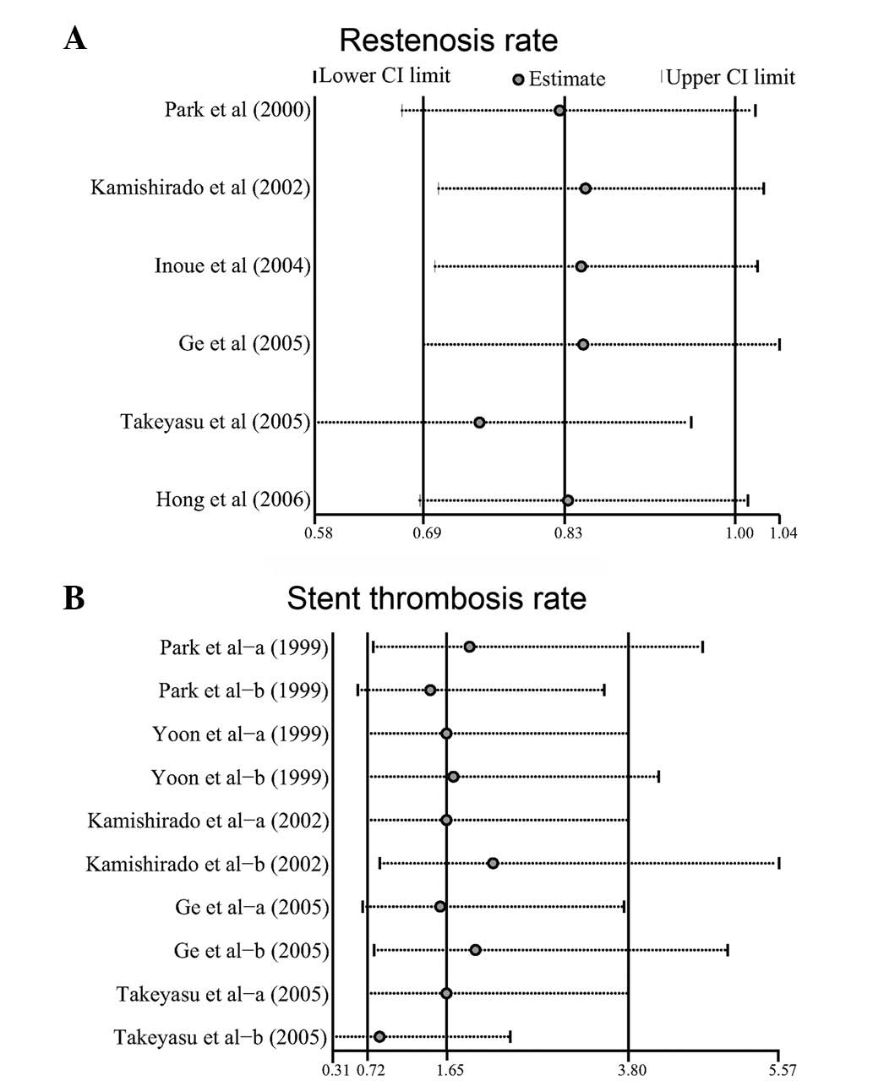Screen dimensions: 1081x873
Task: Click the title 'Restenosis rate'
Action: (x=448, y=40)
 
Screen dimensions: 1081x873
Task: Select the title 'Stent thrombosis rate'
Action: (x=436, y=598)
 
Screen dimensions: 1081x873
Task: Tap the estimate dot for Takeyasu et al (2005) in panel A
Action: (x=479, y=423)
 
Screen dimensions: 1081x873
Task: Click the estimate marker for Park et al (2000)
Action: (x=559, y=111)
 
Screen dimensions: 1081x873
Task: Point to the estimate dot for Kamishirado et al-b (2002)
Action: (x=493, y=863)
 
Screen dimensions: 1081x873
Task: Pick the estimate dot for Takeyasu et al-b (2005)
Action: (x=379, y=1037)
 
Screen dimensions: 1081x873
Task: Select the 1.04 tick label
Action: (x=783, y=533)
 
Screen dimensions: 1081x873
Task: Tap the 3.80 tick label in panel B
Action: (x=632, y=1071)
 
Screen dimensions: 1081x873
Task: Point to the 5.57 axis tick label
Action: (x=778, y=1071)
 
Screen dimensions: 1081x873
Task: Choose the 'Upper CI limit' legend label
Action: (x=731, y=78)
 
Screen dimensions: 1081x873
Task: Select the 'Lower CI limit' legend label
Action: (x=385, y=76)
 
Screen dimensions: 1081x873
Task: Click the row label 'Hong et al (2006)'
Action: (x=233, y=500)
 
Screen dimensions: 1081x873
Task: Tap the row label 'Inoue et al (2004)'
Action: (x=232, y=266)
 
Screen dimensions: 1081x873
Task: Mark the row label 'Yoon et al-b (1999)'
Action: (x=240, y=777)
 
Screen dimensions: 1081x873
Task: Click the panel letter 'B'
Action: (x=74, y=598)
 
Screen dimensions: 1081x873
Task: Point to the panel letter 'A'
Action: (x=74, y=39)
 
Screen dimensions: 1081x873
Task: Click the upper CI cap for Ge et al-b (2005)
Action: (x=728, y=950)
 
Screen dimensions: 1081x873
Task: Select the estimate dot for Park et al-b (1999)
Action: (x=430, y=691)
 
